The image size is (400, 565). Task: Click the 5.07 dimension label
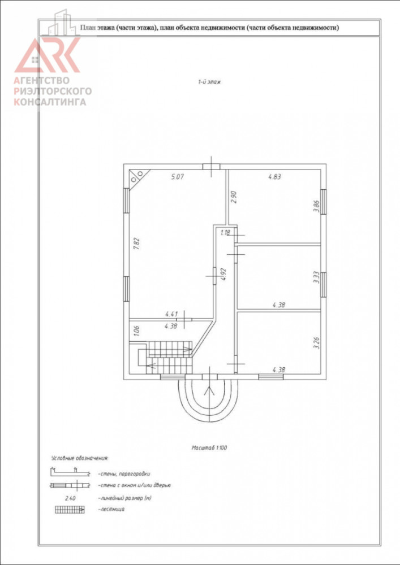tap(178, 177)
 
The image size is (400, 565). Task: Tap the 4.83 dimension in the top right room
tap(274, 177)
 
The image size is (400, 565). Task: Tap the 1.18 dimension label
tap(225, 233)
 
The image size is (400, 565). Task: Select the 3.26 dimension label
tap(316, 342)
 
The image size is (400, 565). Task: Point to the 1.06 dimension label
tap(136, 331)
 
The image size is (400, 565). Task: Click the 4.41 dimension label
tap(171, 314)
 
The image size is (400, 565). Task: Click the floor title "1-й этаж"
tap(209, 82)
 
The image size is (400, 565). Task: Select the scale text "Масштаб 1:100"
tap(209, 448)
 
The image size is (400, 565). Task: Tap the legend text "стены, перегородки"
tap(123, 474)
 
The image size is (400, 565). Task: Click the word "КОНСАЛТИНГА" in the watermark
tap(50, 102)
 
